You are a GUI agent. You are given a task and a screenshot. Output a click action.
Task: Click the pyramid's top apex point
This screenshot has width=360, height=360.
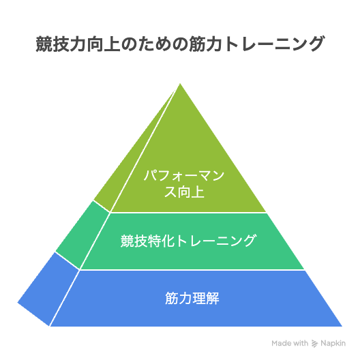point(180,84)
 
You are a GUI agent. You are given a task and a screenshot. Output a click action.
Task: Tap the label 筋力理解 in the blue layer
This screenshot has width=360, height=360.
point(192,298)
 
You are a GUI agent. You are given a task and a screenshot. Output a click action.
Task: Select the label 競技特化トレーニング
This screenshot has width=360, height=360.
point(188,241)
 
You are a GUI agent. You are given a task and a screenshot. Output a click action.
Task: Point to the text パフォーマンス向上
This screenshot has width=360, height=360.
point(184,184)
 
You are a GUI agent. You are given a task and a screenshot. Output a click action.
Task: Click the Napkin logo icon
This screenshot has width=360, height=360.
point(314,344)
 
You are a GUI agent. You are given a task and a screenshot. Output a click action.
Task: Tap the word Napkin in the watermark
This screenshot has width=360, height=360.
point(333,344)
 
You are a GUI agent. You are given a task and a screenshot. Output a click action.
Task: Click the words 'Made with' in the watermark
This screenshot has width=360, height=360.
point(290,344)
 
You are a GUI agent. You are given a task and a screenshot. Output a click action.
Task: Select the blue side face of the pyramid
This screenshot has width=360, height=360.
point(48,289)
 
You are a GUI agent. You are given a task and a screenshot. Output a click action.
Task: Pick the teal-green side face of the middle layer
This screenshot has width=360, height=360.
point(82,235)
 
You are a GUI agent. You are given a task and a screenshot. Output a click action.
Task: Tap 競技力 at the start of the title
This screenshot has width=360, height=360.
point(61,44)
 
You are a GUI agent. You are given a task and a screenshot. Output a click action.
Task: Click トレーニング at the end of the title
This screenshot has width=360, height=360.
point(273,44)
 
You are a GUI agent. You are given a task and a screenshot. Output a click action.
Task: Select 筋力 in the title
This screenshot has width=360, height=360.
point(206,44)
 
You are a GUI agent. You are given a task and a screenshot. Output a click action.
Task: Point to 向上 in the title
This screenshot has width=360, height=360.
point(104,44)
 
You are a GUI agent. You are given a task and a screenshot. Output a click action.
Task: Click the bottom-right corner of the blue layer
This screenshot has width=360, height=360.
point(342,326)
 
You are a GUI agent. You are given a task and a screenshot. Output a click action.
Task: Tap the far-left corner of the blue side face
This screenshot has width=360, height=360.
point(18,303)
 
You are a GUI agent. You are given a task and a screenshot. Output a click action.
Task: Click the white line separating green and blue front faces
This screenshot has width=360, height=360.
point(192,270)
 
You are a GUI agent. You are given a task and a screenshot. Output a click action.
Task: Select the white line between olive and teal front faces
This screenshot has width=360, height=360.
point(188,213)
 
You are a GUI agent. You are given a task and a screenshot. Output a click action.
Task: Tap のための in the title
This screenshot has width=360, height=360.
point(155,44)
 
